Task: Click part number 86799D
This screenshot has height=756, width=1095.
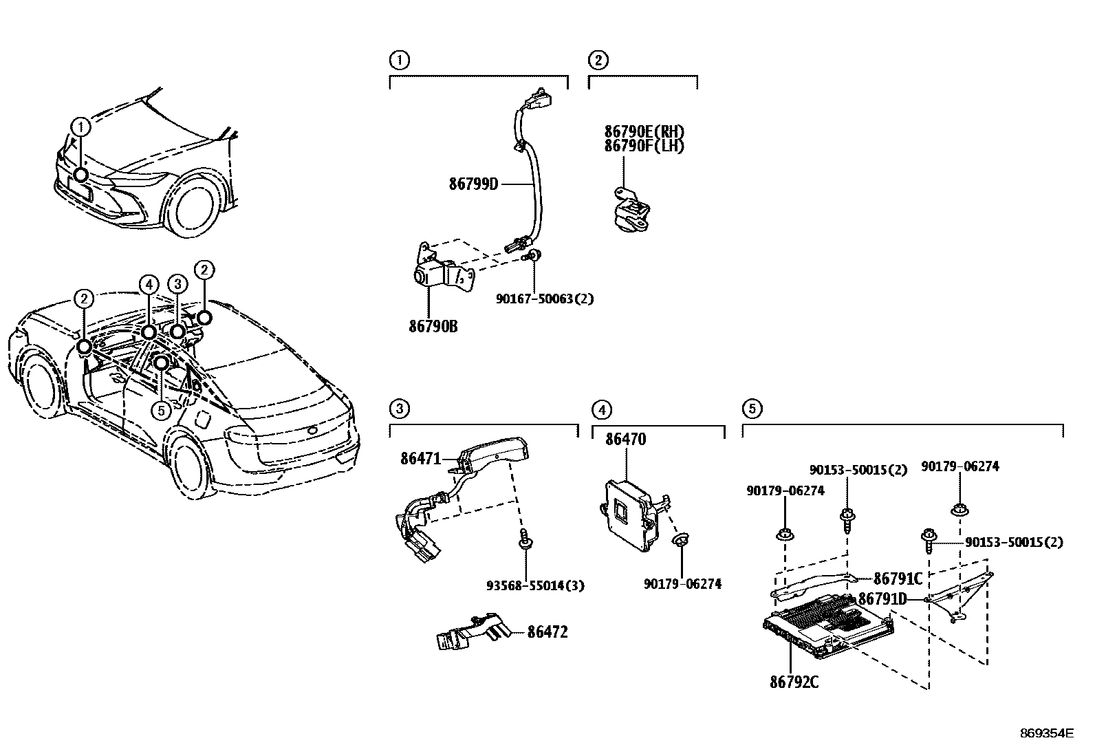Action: [x=473, y=184]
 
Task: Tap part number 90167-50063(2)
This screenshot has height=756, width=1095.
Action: [x=544, y=299]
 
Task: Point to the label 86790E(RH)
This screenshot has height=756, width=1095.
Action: [x=644, y=131]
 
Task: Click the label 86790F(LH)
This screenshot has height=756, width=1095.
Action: [x=644, y=146]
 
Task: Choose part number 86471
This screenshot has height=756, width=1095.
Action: [x=420, y=458]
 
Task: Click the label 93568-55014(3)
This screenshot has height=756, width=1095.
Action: [x=535, y=585]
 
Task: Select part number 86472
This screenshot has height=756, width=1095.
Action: [x=547, y=631]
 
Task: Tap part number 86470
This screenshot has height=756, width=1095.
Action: [x=625, y=439]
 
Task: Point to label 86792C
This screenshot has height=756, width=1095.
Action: [x=794, y=682]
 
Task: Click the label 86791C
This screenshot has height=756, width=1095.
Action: [x=898, y=578]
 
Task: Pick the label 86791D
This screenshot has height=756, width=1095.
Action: [x=882, y=598]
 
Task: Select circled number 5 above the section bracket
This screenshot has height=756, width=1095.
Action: [x=751, y=409]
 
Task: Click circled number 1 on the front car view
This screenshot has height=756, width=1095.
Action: [x=81, y=127]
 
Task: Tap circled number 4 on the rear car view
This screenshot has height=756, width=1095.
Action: [x=149, y=283]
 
